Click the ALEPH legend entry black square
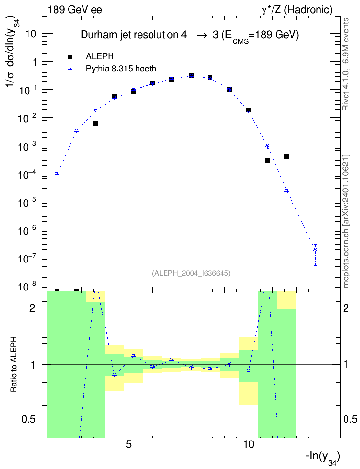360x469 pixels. (x=70, y=56)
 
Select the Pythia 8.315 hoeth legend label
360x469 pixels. (x=121, y=69)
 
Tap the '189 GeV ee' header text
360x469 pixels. (x=75, y=10)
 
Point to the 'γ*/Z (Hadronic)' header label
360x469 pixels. (x=297, y=10)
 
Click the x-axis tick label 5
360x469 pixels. (x=129, y=445)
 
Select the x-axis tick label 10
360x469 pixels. (x=249, y=445)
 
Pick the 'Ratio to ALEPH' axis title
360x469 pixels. (x=14, y=364)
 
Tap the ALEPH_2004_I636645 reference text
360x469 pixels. (x=191, y=273)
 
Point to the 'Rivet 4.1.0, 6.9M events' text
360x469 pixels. (x=346, y=64)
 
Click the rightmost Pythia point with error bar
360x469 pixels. (x=315, y=250)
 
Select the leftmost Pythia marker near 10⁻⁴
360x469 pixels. (x=57, y=174)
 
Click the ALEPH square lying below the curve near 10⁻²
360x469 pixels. (x=96, y=124)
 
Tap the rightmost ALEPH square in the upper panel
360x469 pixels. (x=286, y=157)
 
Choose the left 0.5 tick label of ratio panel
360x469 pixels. (x=28, y=420)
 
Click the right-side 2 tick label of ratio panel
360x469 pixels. (x=346, y=308)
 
